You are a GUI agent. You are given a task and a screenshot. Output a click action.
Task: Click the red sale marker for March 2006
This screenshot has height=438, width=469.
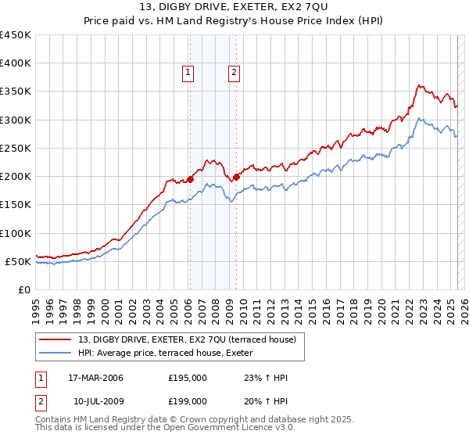(x=190, y=179)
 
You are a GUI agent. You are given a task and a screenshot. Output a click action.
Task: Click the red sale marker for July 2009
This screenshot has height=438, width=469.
(x=236, y=177)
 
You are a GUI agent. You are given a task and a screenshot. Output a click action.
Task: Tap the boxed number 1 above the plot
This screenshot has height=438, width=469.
(x=188, y=74)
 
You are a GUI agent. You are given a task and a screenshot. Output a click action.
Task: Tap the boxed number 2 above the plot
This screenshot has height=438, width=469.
(x=234, y=74)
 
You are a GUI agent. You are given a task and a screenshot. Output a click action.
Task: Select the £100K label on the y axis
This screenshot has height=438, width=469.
(x=15, y=233)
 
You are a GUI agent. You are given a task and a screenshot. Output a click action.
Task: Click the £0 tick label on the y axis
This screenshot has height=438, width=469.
(x=24, y=289)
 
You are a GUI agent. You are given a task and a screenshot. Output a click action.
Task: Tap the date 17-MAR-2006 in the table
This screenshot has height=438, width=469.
(x=95, y=378)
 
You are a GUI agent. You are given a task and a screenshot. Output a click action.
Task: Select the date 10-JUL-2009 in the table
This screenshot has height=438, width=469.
(x=95, y=401)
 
